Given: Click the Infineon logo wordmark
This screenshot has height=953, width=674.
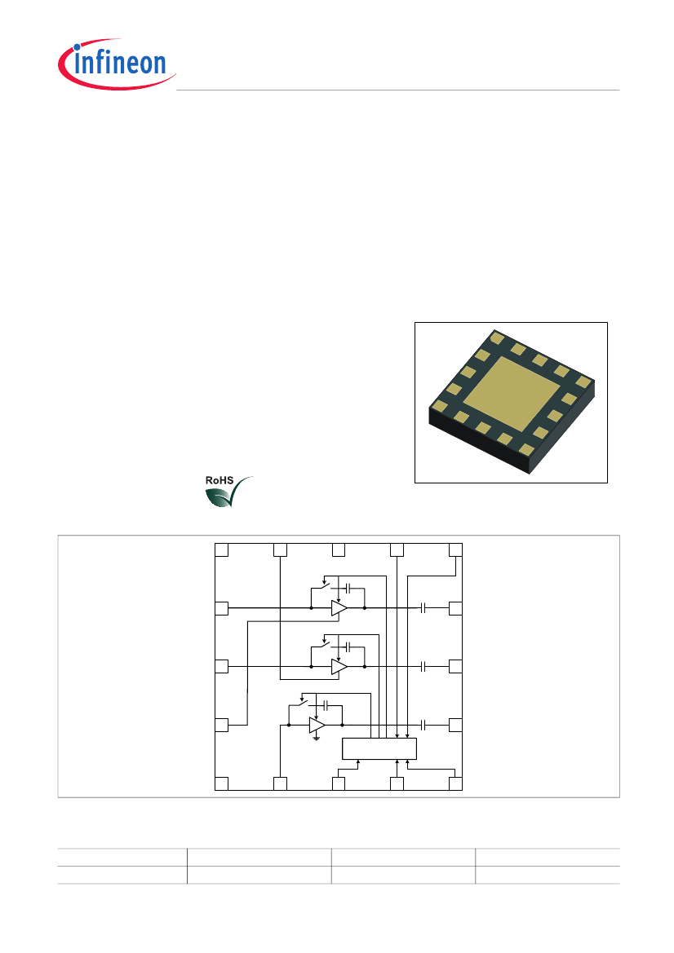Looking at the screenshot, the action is [120, 63].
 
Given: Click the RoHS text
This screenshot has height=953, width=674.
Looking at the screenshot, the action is [219, 480].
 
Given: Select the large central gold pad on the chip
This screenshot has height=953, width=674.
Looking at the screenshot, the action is [512, 395].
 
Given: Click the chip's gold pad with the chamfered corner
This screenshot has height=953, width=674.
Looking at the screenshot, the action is [496, 337].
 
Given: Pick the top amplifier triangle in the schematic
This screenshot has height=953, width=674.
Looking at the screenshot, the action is [339, 608].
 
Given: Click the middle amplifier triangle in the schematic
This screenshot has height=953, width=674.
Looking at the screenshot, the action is [339, 667].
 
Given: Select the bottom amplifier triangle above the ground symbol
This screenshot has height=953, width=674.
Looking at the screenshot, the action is [317, 725].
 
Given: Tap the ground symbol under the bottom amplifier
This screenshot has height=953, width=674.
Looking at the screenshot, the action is [317, 739].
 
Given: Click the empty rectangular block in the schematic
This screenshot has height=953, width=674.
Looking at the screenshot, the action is [379, 748].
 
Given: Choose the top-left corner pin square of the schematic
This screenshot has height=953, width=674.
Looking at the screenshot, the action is [221, 549].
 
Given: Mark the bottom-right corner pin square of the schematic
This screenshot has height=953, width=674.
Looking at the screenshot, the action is [455, 783].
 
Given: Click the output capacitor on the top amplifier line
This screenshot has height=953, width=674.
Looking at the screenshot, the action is [423, 608].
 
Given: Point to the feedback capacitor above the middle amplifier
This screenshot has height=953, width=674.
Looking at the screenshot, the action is [348, 646].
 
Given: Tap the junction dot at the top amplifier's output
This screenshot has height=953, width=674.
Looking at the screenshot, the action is [365, 608].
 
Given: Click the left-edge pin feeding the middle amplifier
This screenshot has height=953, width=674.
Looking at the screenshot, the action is [221, 667].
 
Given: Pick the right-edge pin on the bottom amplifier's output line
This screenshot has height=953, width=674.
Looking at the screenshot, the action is [455, 725].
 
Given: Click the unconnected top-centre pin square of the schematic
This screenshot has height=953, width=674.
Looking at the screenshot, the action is [339, 549].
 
